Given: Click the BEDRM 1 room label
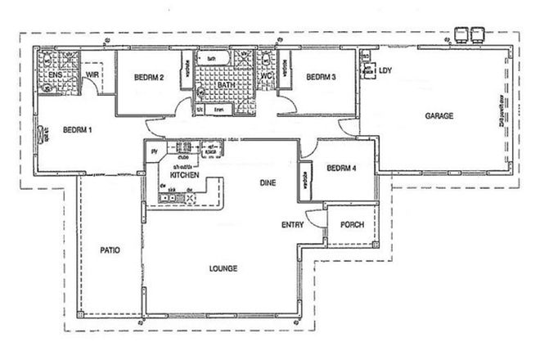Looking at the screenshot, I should (x=79, y=130).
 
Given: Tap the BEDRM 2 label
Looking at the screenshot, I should (x=150, y=78).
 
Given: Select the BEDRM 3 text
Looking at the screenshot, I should (x=322, y=78).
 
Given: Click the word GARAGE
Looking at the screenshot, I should (x=439, y=117).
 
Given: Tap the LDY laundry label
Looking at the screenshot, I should (x=386, y=71).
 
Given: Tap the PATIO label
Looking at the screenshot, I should (x=111, y=250).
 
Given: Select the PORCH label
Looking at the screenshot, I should (x=352, y=225).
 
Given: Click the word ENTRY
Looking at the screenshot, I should (x=294, y=225).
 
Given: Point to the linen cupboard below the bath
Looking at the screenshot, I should (x=218, y=108).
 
